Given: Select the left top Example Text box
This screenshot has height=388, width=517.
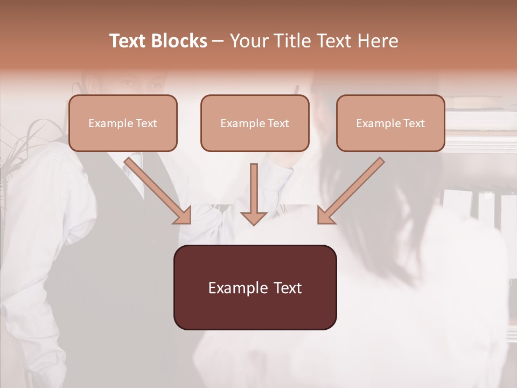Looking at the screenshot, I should pos(123,123).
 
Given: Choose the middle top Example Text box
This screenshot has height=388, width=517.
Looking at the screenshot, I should pos(255,123).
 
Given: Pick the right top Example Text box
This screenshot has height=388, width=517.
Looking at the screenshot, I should pos(390,123).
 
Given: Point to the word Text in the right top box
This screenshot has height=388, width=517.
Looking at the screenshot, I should pos(414,123).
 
